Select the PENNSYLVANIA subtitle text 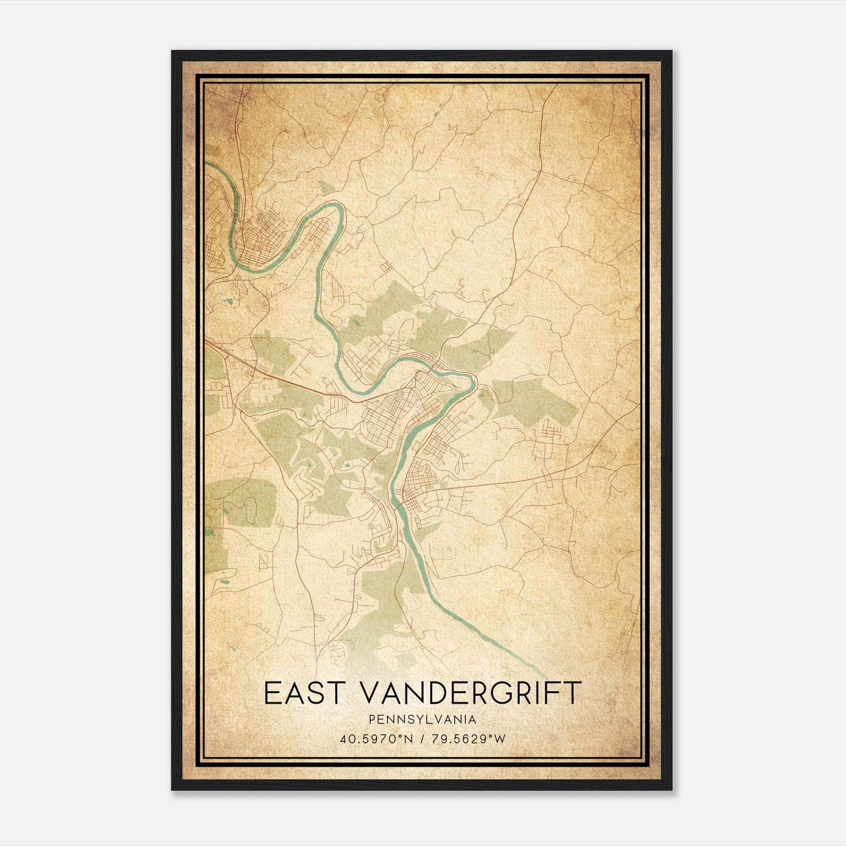(422, 720)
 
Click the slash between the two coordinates (422, 739)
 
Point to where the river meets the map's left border (206, 164)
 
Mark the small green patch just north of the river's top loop (327, 188)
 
